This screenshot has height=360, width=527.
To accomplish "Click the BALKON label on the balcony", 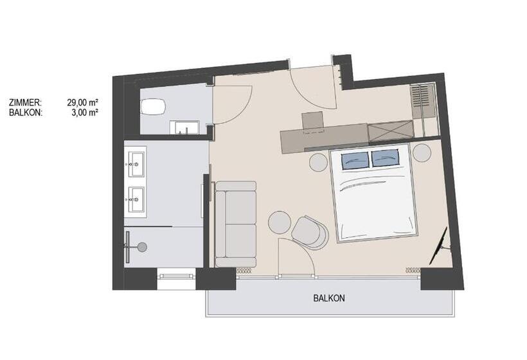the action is (x=329, y=298).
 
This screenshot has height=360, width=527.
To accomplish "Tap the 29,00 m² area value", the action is (x=82, y=102).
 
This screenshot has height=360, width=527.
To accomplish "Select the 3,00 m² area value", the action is (x=85, y=113).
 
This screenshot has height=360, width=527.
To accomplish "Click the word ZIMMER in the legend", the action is (x=25, y=102).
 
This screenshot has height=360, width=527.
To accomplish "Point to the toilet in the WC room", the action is (x=153, y=107).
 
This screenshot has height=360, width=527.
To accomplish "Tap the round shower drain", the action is (x=142, y=247).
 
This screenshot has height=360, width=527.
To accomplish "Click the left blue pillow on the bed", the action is (x=355, y=159).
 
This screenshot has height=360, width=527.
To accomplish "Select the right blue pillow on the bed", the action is (x=386, y=158).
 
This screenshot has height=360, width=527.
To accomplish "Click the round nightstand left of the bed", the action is (x=318, y=163).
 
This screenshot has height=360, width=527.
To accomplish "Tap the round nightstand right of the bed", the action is (x=422, y=153).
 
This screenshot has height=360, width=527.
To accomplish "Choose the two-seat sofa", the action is (x=236, y=224).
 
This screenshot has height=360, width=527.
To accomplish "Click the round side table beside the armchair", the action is (x=280, y=222).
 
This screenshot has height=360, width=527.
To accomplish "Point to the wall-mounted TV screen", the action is (x=439, y=246).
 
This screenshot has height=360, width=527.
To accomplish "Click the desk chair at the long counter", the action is (x=313, y=121).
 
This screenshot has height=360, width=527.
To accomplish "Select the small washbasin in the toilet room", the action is (x=184, y=128).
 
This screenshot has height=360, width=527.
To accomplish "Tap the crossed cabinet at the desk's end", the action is (x=390, y=131).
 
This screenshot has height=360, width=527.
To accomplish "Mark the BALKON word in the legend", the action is (x=26, y=113).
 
